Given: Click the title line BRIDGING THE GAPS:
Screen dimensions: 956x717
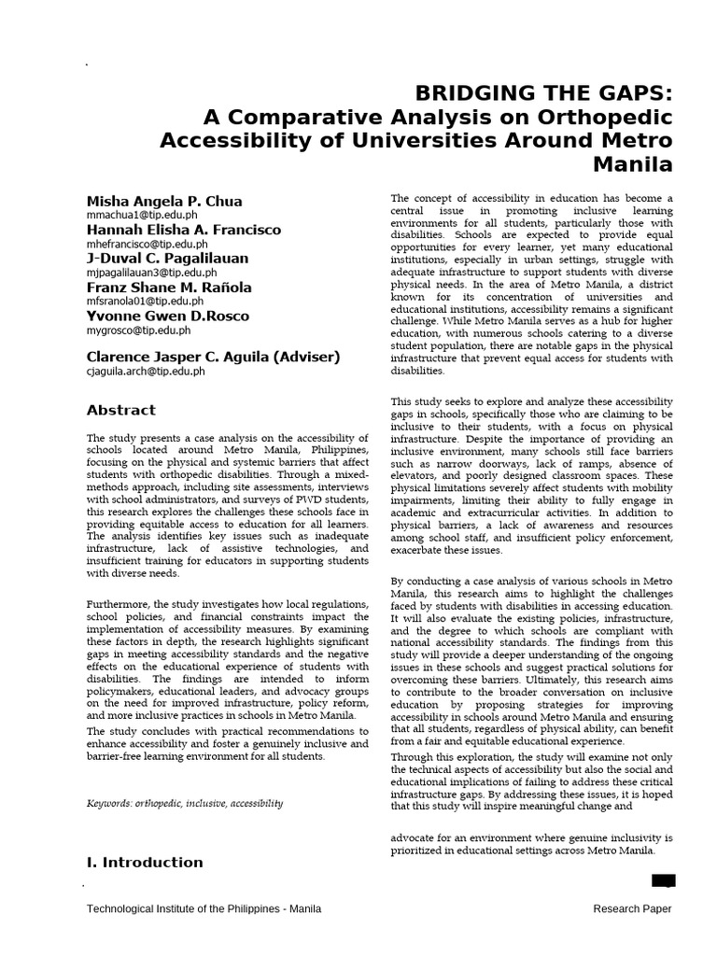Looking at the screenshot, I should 543,93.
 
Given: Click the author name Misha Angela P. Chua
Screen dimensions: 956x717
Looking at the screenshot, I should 163,201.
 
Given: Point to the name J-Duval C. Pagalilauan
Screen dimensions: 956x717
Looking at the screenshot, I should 168,259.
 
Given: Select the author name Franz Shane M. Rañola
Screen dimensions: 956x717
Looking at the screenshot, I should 169,288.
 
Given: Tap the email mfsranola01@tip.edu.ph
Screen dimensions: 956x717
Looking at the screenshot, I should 145,302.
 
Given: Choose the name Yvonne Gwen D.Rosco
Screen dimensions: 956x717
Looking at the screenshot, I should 167,316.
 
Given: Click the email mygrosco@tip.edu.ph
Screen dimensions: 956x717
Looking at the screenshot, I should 138,330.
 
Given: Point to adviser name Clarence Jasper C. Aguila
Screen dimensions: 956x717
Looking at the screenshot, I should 213,357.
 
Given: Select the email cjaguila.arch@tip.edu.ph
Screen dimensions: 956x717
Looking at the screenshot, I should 146,371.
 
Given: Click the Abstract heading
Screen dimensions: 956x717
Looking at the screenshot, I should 121,410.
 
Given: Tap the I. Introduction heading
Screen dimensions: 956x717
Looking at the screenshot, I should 145,862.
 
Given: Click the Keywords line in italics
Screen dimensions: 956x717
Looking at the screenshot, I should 185,803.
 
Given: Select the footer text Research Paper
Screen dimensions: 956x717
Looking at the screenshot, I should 632,909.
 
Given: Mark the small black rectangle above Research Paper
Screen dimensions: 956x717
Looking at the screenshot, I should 663,880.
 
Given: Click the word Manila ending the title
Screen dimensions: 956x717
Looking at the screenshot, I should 633,165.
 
